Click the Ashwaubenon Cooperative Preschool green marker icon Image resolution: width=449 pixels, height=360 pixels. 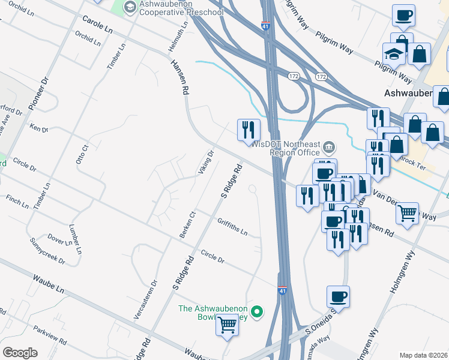tap(130, 7)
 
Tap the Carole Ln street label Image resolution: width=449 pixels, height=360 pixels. tap(98, 25)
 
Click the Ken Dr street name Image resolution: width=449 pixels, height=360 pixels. tap(38, 128)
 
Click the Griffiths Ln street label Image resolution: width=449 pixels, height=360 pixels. tap(232, 227)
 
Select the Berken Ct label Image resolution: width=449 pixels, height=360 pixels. tap(184, 223)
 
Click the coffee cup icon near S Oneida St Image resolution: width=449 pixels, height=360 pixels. tap(338, 296)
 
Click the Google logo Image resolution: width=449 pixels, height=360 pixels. tap(20, 352)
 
